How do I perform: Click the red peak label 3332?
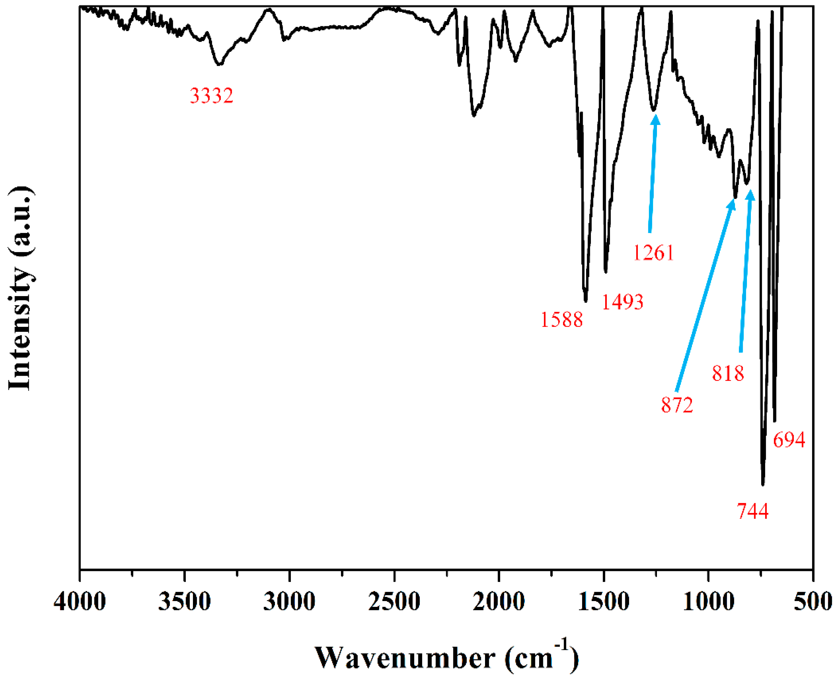(211, 96)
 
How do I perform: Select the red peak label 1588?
(561, 320)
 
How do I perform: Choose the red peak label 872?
(677, 405)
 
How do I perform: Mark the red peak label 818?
(728, 373)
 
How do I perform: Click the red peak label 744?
(752, 511)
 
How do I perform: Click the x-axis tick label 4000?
(80, 601)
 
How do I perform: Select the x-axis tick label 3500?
(185, 601)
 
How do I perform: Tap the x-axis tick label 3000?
(289, 601)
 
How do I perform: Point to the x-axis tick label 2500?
(394, 601)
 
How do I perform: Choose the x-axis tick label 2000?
(499, 601)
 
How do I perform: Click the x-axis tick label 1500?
(604, 601)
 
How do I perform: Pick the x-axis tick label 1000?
(708, 601)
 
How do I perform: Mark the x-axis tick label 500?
(813, 601)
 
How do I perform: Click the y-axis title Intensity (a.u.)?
(20, 288)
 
